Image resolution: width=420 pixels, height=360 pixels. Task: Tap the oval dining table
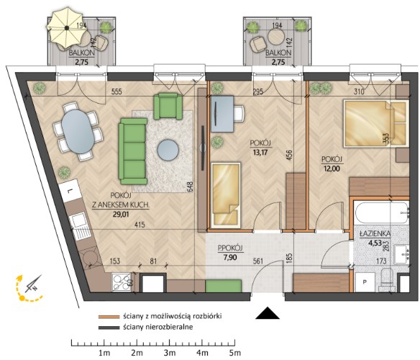[78, 132]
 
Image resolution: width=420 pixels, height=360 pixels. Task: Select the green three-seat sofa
[133, 151]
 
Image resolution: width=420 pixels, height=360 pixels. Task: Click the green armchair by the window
[168, 106]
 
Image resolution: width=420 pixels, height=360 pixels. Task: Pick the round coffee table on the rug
[168, 150]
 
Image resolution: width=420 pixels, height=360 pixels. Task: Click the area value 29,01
[121, 214]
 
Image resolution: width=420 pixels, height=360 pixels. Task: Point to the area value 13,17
[260, 153]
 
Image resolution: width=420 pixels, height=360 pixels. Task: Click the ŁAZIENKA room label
[375, 234]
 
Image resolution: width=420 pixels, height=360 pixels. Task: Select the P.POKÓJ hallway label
[230, 248]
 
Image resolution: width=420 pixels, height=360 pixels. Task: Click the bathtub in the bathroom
[382, 214]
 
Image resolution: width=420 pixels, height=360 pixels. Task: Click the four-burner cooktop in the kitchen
[122, 282]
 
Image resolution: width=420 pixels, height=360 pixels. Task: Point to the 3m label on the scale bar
[170, 353]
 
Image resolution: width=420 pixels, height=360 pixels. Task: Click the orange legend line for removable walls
[109, 317]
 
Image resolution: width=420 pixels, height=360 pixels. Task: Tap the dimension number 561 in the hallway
[258, 261]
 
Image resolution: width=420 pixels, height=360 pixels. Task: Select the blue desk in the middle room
[222, 114]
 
